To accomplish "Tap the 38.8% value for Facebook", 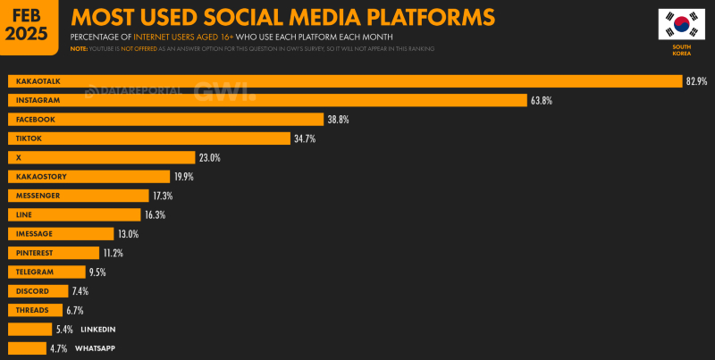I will point(339,120).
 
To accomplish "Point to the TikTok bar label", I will point(29,138).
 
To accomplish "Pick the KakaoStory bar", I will point(88,177).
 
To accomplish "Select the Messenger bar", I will point(78,196).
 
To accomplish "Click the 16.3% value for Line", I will point(154,215).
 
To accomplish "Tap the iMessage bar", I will point(61,234).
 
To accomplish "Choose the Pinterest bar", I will point(55,253).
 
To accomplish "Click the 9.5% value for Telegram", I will point(98,272).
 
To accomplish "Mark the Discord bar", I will point(38,291).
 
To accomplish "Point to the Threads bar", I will point(35,310).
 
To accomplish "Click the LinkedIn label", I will point(97,330).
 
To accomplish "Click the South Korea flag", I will point(681,25).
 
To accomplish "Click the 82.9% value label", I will point(697,81).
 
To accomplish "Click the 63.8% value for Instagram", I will point(542,101).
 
